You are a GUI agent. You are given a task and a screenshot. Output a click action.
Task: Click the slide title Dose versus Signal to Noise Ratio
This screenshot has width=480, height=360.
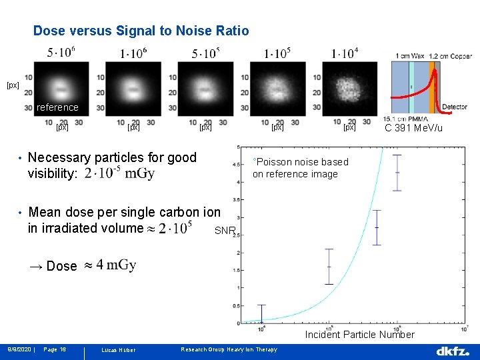(141, 31)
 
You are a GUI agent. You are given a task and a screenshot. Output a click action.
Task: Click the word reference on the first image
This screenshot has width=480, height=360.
(57, 107)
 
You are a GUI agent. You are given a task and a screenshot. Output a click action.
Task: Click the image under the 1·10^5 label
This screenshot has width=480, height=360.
(277, 89)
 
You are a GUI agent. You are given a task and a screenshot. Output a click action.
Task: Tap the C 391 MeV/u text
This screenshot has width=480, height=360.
(413, 128)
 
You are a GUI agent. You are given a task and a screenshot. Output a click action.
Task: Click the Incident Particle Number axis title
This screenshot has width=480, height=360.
(359, 335)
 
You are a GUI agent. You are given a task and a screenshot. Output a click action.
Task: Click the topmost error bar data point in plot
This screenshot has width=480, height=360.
(397, 173)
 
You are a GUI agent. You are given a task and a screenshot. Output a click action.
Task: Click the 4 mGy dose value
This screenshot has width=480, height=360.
(117, 265)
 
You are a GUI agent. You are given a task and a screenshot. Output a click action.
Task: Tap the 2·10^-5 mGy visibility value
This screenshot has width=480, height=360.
(120, 174)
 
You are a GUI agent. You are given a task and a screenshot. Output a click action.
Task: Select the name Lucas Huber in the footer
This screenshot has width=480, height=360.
(117, 350)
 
